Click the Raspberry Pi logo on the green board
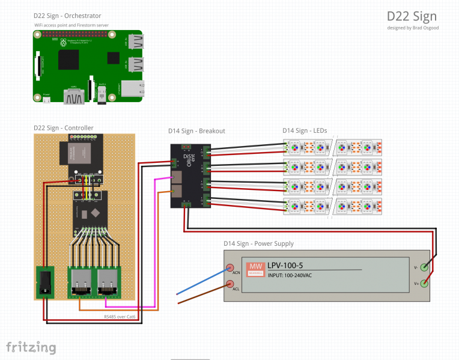(62, 43)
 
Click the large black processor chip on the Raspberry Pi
(68, 60)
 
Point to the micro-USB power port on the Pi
(47, 100)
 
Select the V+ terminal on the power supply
(425, 283)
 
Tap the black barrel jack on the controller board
(45, 282)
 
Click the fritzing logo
(31, 347)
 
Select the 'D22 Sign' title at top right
(412, 16)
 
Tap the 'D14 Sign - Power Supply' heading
(258, 243)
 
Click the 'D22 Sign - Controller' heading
(63, 127)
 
